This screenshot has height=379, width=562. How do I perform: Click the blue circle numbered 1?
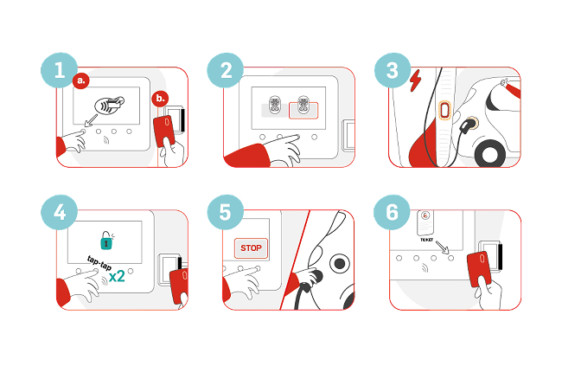(x=59, y=70)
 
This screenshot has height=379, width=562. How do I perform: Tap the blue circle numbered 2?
(x=226, y=70)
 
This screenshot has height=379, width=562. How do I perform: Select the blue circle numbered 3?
(x=393, y=70)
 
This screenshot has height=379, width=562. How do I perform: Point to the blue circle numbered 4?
(x=59, y=212)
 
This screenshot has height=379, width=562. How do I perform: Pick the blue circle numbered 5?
(x=226, y=212)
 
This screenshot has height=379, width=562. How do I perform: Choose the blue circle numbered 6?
(x=392, y=212)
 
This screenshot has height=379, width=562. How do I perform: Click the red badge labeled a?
(x=81, y=80)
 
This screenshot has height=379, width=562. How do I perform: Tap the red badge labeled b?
(x=160, y=99)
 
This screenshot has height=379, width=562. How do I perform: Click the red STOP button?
(x=251, y=247)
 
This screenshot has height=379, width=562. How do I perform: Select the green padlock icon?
(x=106, y=241)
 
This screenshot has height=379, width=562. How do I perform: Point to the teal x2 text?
(x=117, y=276)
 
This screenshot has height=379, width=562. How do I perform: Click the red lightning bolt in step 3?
(x=415, y=80)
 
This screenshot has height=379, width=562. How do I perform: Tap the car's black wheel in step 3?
(x=490, y=154)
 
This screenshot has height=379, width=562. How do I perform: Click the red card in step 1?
(x=164, y=132)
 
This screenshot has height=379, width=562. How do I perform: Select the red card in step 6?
(x=480, y=269)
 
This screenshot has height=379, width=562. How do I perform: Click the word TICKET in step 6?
(x=426, y=240)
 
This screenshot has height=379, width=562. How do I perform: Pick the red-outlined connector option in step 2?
(x=303, y=110)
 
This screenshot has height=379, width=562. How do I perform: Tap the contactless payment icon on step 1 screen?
(x=109, y=105)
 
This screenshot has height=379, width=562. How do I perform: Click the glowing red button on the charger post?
(x=444, y=110)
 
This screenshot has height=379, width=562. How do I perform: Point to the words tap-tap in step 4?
(x=99, y=264)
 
